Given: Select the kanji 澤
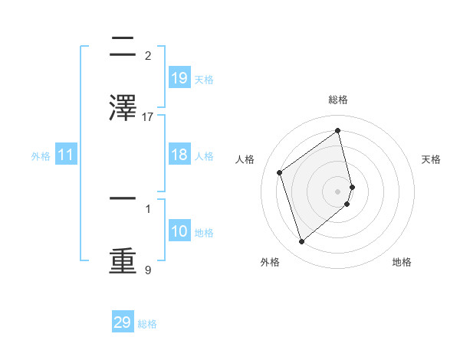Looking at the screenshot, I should [123, 106].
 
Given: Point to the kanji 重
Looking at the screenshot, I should [123, 260].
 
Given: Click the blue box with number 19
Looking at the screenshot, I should [179, 78].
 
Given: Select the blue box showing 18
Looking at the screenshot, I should [179, 155].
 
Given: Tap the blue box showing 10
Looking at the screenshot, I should [179, 231].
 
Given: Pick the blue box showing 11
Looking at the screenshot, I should [66, 155].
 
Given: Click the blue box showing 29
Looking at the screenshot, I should [123, 322].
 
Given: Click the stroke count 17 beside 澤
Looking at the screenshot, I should [148, 116].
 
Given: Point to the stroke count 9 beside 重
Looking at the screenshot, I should [148, 270].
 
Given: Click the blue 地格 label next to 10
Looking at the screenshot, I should [204, 233].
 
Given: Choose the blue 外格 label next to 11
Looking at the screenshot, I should [41, 156].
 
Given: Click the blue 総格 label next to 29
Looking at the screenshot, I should [148, 324].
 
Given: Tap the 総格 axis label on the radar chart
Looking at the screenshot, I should [338, 100].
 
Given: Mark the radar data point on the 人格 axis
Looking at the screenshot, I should [279, 172].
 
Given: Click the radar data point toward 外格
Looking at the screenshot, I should [301, 242].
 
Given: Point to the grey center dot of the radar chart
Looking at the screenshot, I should [338, 191].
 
